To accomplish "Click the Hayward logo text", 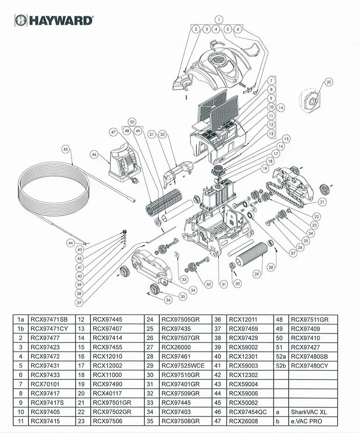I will [x=59, y=20].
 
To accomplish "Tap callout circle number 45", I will [x=65, y=149].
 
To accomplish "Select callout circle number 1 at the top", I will [x=218, y=19].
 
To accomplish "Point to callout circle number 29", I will [x=256, y=274].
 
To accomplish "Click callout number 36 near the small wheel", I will [x=168, y=300].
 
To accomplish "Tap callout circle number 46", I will [x=94, y=155].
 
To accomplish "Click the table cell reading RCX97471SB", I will [x=46, y=319].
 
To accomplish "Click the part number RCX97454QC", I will [x=248, y=412].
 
